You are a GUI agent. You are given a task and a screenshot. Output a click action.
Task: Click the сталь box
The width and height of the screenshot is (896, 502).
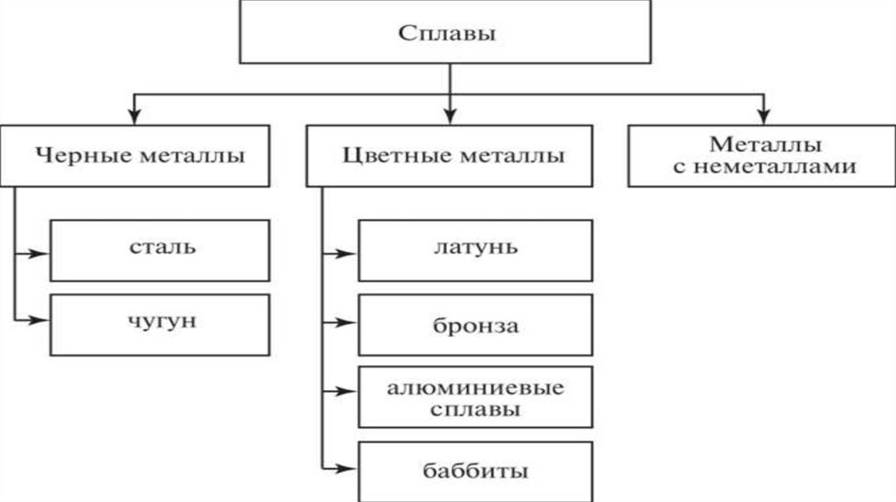159,249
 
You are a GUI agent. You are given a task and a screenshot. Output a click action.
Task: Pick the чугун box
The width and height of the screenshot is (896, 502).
159,323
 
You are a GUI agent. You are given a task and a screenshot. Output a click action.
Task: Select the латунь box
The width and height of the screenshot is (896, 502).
475,249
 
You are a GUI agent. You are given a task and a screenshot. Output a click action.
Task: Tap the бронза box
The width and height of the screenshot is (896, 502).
475,326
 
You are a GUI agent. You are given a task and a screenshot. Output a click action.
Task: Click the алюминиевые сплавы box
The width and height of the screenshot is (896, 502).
475,397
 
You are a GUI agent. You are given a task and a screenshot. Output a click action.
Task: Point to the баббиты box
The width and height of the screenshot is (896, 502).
475,472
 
